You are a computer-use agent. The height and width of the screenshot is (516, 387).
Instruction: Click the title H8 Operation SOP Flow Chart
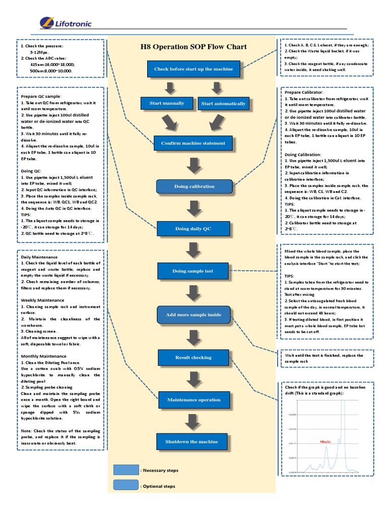click(x=193, y=47)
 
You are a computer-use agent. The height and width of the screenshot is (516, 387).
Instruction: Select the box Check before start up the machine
click(x=193, y=69)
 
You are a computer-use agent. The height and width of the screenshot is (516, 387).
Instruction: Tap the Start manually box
click(x=167, y=104)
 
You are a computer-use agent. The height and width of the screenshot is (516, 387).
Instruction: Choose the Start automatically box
click(x=223, y=104)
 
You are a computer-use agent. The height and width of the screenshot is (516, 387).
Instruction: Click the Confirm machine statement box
click(x=193, y=143)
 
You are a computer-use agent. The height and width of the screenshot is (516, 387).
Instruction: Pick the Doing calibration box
click(x=195, y=186)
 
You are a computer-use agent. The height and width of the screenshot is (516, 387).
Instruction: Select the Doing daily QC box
click(x=193, y=229)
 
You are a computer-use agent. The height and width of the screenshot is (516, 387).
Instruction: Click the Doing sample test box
click(x=193, y=271)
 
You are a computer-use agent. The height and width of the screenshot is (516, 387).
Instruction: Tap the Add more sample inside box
click(x=193, y=315)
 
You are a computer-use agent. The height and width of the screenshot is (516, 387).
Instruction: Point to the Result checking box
click(x=193, y=357)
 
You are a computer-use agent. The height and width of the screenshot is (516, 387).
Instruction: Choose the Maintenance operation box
click(x=193, y=400)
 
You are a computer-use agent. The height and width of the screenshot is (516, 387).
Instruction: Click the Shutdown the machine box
click(x=192, y=442)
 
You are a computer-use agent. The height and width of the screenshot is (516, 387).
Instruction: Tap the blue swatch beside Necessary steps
click(x=125, y=470)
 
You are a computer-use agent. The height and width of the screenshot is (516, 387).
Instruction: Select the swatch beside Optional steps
click(x=125, y=486)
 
